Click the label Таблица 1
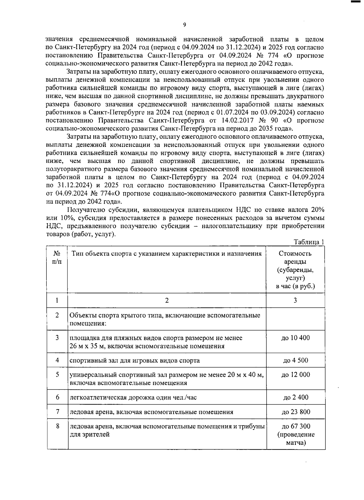[309, 242]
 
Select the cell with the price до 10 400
[296, 338]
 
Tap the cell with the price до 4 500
[296, 360]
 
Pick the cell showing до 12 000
[296, 375]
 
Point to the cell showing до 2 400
[296, 397]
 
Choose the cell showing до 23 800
[296, 412]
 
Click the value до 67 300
[296, 426]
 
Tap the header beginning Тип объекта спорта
[167, 253]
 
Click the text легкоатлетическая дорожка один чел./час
[133, 397]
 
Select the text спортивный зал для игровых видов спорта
[135, 360]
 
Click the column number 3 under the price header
[295, 300]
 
